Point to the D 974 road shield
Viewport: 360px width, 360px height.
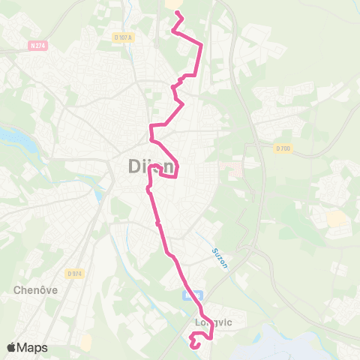pyautogui.click(x=73, y=272)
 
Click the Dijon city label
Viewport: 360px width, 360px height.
pyautogui.click(x=148, y=168)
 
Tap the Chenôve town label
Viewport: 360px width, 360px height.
pyautogui.click(x=31, y=288)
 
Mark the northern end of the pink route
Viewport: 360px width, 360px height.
pyautogui.click(x=177, y=13)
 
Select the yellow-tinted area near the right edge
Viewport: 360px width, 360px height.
pyautogui.click(x=337, y=219)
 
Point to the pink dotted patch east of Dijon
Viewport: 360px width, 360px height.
pyautogui.click(x=235, y=168)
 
